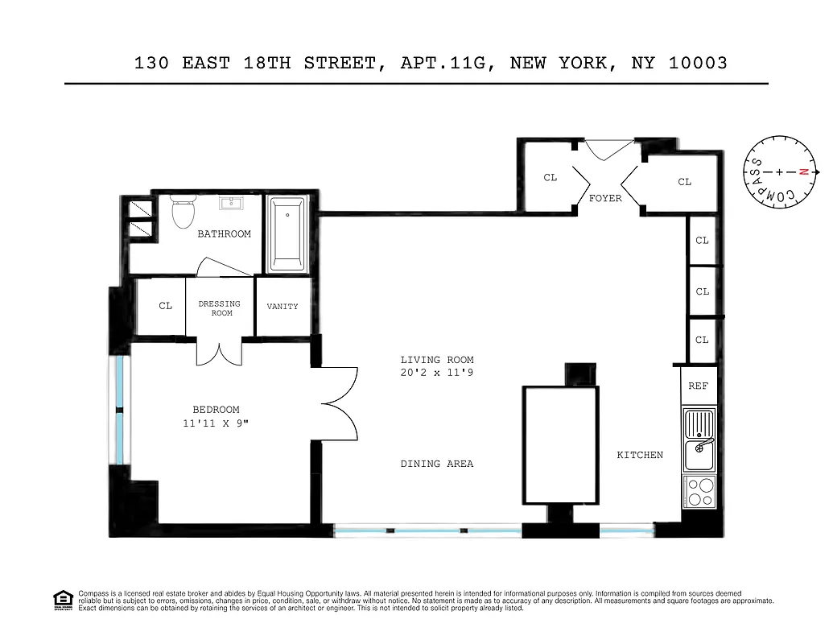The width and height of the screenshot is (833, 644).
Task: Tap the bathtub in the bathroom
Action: pyautogui.click(x=287, y=233)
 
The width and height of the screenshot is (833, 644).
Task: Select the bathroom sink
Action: pyautogui.click(x=233, y=202)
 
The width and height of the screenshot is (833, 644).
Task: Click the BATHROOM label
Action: pyautogui.click(x=225, y=234)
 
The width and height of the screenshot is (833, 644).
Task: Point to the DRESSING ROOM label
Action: pyautogui.click(x=220, y=308)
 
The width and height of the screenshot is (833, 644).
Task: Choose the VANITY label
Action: pyautogui.click(x=282, y=307)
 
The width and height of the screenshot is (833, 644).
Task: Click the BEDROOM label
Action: pyautogui.click(x=216, y=410)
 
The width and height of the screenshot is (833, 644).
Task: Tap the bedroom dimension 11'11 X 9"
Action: pyautogui.click(x=216, y=423)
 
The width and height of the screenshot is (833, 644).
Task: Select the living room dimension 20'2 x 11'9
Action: pyautogui.click(x=437, y=373)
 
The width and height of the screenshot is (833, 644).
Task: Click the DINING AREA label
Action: pyautogui.click(x=437, y=464)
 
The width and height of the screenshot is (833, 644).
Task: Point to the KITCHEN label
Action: pyautogui.click(x=640, y=455)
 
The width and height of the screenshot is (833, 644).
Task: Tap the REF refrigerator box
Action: pyautogui.click(x=698, y=386)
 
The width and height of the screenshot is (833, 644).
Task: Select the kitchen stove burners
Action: pyautogui.click(x=699, y=491)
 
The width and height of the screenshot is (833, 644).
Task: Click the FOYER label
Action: pyautogui.click(x=605, y=198)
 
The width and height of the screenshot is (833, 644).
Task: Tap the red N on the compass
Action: pyautogui.click(x=802, y=171)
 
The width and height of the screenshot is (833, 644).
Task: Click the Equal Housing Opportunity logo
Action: pyautogui.click(x=63, y=600)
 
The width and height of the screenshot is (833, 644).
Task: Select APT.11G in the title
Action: pyautogui.click(x=446, y=63)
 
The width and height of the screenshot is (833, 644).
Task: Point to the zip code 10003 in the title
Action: pyautogui.click(x=698, y=63)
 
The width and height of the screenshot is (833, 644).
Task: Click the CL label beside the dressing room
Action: pyautogui.click(x=166, y=306)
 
